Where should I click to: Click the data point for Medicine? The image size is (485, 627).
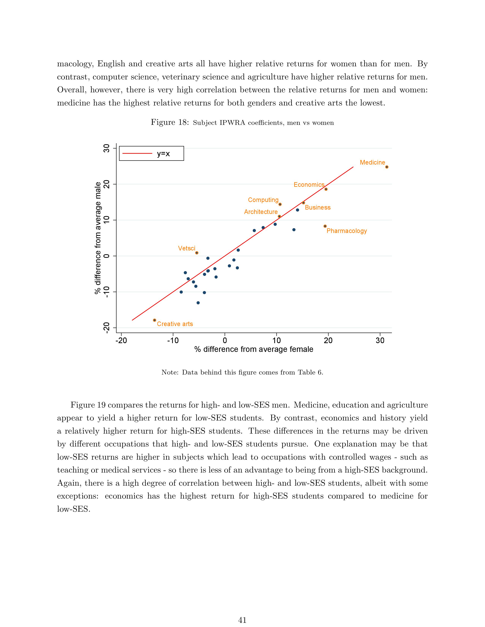pos(386,167)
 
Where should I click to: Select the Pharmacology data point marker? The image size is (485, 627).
pos(325,226)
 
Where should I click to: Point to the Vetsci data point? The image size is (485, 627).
pos(196,253)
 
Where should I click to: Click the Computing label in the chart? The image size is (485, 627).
pos(263,200)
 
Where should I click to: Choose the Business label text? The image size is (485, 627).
pos(317,207)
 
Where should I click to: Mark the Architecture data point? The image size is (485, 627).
pos(279,216)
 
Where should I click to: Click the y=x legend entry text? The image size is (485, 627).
pos(163,154)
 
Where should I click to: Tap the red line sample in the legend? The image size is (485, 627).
pos(137,154)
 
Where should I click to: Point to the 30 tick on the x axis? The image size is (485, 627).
pos(380,340)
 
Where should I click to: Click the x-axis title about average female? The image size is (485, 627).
pos(254,349)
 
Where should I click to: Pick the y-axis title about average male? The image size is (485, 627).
pos(98,238)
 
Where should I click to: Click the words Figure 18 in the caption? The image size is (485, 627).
pos(169,123)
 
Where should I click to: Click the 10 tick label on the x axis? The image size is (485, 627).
pos(276,340)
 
